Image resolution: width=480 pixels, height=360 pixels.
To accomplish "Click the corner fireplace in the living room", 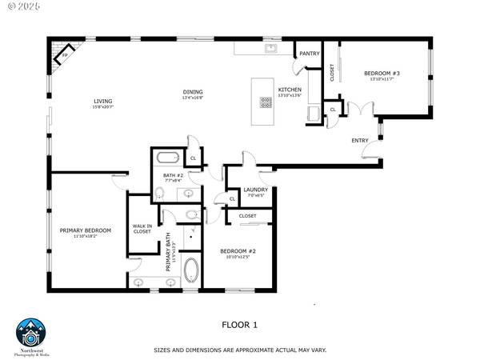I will [62, 54].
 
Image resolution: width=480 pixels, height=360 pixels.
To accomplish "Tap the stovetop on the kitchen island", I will [265, 102].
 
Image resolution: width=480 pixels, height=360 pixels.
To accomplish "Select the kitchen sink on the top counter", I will [271, 48].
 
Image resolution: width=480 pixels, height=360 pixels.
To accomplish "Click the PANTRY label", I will [310, 54].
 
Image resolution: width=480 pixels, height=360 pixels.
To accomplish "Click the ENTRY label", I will [360, 141].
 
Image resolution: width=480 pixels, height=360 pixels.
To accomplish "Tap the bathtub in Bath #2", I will [168, 157].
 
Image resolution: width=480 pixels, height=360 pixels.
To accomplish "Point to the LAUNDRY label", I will [254, 190].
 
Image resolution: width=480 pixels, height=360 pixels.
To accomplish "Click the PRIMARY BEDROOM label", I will [86, 230].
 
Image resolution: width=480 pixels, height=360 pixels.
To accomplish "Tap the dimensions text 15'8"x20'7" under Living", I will [103, 106].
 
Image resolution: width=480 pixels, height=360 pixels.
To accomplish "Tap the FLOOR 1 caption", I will [239, 325].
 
